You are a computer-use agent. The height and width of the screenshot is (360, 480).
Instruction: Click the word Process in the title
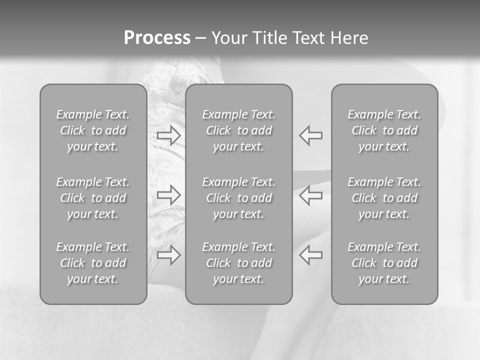click(157, 38)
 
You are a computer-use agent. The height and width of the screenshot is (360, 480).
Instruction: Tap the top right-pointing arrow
click(169, 135)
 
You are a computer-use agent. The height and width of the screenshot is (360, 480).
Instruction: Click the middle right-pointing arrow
click(169, 195)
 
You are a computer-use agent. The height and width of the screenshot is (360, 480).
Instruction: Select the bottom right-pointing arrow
click(169, 255)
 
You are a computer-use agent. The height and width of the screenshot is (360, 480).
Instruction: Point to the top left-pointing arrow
click(311, 135)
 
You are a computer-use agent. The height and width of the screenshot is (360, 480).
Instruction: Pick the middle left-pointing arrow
click(311, 195)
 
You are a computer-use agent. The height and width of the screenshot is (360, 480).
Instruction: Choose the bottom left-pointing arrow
click(311, 255)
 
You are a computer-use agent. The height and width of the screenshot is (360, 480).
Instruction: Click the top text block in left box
click(93, 130)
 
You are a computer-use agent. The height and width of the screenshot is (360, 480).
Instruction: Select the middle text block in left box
click(93, 198)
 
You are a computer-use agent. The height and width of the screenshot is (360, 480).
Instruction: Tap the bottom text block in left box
click(93, 263)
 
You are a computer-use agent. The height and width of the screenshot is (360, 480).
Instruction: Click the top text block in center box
click(238, 130)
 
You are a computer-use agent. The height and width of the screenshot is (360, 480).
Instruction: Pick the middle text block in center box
click(238, 198)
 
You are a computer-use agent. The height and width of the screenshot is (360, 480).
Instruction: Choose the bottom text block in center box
click(238, 263)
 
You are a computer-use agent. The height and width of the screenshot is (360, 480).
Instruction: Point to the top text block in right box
click(384, 130)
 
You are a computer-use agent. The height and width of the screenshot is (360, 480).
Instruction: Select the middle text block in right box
click(384, 198)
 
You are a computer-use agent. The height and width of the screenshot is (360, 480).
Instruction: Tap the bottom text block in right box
click(384, 263)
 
